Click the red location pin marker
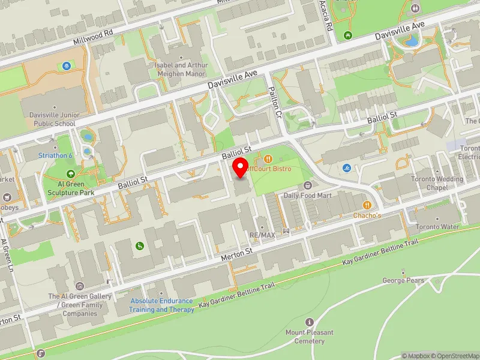click(x=241, y=166)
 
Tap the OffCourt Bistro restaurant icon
click(x=268, y=159)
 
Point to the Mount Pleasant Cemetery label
click(x=310, y=337)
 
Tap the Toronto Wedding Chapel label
click(x=437, y=183)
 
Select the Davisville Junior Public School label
click(x=48, y=119)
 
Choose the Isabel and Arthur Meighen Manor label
click(x=181, y=69)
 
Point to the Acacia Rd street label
click(x=328, y=15)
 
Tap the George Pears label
click(x=403, y=280)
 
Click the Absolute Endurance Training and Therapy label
click(x=162, y=305)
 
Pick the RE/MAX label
click(x=262, y=235)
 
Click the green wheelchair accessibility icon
click(x=140, y=245)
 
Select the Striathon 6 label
click(x=55, y=155)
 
